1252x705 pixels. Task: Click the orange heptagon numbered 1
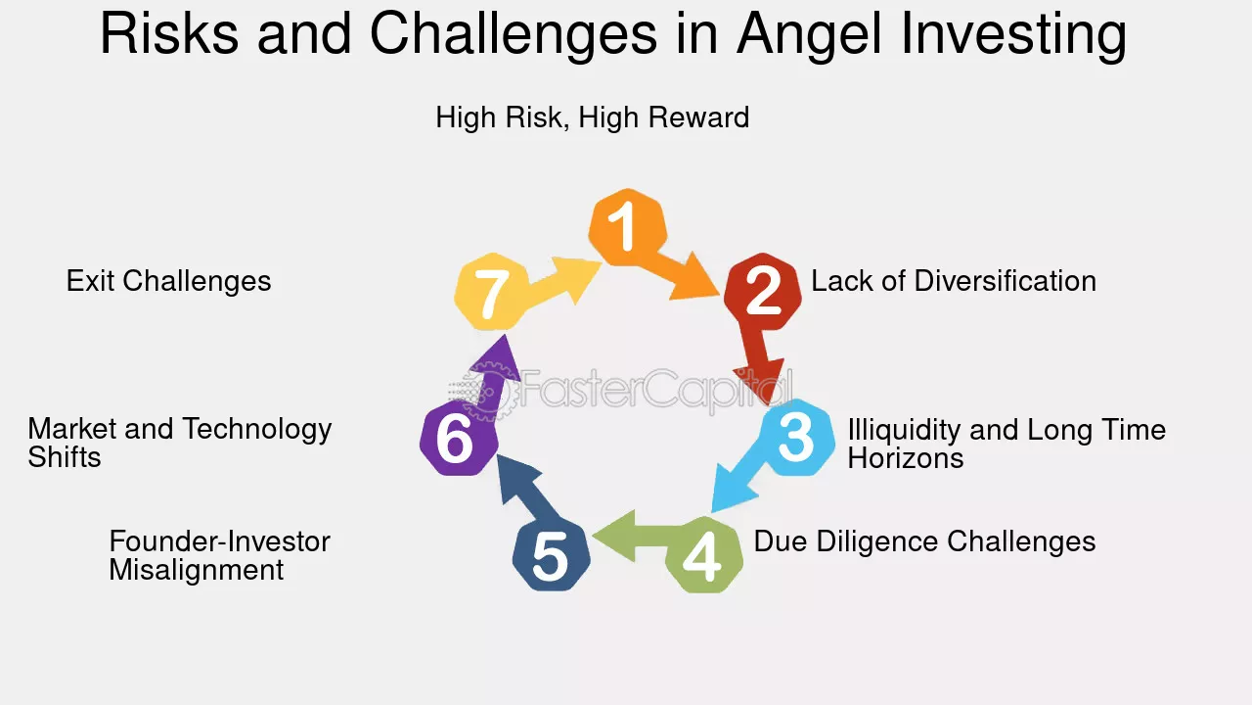pos(628,227)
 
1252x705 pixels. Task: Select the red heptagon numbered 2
pos(763,291)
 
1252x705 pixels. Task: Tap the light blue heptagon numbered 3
pos(796,437)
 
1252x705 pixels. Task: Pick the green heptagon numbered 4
pos(704,554)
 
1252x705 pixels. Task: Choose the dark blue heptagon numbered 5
pos(551,554)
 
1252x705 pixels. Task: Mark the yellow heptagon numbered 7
pos(492,291)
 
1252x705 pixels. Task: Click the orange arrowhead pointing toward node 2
pos(694,277)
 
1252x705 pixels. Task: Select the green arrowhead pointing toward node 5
pos(615,536)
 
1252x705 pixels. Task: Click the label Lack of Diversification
pos(954,281)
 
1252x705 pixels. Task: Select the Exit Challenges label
pos(169,281)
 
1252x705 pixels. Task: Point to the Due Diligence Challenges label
pos(924,541)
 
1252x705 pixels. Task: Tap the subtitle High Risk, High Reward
pos(593,117)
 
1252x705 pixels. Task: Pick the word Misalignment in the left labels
pos(197,570)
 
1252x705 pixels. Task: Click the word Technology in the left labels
pos(257,430)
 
